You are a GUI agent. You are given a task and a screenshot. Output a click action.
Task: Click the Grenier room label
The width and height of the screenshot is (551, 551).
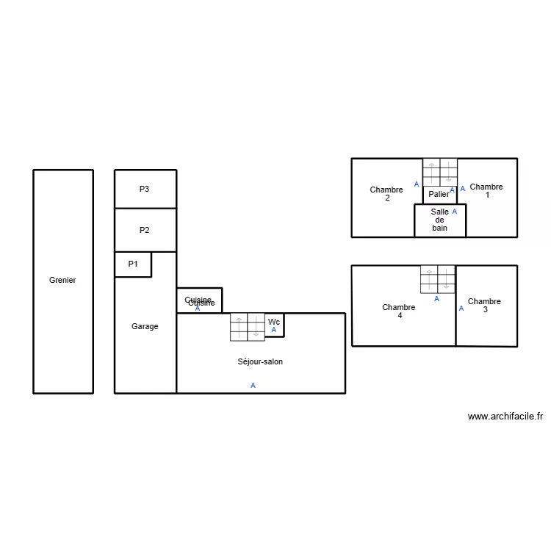point(62,280)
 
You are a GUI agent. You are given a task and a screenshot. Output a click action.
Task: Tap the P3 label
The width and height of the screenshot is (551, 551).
point(145,189)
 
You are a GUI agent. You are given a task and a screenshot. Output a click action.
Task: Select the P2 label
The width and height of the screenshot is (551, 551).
point(145,230)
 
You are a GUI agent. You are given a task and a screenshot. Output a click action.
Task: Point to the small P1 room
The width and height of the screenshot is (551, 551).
point(133,264)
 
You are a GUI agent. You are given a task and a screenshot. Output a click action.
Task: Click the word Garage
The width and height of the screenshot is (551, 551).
point(145,326)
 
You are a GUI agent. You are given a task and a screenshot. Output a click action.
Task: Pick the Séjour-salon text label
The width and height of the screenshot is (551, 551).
point(260,361)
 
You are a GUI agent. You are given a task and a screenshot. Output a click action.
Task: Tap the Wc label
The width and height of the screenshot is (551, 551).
point(274,322)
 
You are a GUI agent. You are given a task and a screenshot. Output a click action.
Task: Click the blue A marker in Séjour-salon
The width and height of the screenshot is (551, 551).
point(253,385)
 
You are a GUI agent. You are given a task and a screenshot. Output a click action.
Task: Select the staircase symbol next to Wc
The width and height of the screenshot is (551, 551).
point(248,327)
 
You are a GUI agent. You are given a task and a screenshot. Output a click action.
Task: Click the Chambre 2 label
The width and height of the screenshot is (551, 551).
point(386,193)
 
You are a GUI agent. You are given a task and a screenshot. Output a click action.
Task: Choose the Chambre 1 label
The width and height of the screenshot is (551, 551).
point(486,191)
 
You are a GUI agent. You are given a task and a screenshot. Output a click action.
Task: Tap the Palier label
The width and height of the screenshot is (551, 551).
point(439,194)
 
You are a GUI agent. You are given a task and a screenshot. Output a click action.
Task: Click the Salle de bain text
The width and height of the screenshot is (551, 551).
point(439,220)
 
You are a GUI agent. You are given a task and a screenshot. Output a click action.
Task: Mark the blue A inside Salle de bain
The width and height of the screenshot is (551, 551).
point(454,212)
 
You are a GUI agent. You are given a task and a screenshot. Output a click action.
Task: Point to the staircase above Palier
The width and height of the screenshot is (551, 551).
point(439,172)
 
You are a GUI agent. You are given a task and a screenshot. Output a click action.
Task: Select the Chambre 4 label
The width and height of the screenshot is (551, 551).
point(399,311)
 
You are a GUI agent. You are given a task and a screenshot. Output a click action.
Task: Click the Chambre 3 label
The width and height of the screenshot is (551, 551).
point(484,305)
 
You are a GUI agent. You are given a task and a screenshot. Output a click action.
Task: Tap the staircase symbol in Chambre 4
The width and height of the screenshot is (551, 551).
point(438,279)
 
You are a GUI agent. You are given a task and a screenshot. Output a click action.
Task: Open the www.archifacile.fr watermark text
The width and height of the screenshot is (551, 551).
point(505,417)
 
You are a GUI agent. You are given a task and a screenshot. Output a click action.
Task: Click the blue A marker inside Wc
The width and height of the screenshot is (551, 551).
point(274,331)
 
